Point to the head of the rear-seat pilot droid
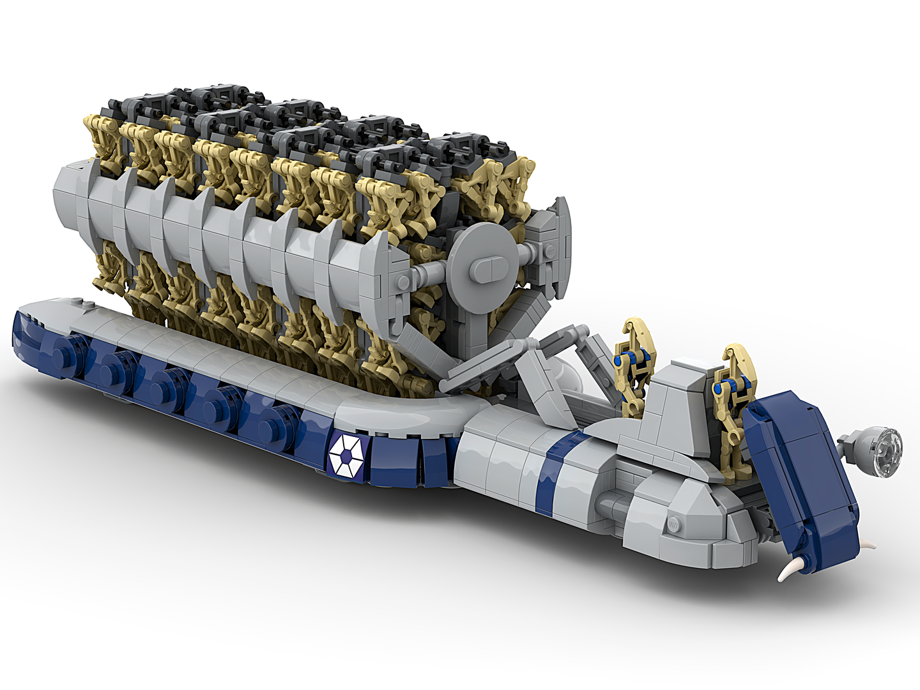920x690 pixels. coord(634,332)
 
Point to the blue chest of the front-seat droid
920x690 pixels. coord(730,390)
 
